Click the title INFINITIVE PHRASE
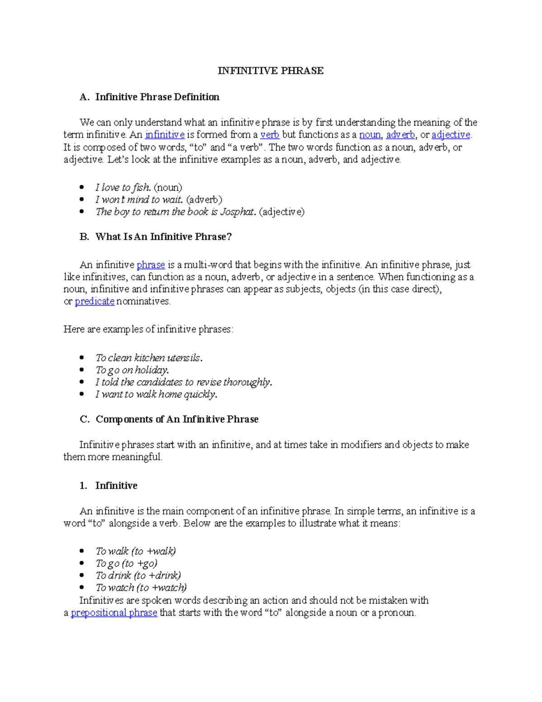[x=271, y=71]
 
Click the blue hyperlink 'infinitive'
[x=164, y=135]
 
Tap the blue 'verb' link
[x=270, y=135]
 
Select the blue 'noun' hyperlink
[x=369, y=135]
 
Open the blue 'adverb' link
[x=400, y=135]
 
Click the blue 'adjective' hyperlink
[x=451, y=135]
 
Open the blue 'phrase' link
[x=150, y=265]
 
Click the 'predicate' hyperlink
[x=94, y=302]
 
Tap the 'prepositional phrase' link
[x=114, y=613]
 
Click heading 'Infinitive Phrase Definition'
[x=157, y=97]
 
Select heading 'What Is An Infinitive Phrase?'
[x=163, y=237]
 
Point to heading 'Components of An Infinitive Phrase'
[x=177, y=419]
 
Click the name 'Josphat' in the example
[x=238, y=212]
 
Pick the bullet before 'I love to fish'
[x=82, y=187]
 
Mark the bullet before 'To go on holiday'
[x=82, y=370]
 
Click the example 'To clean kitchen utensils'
[x=149, y=358]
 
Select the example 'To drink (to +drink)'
[x=138, y=575]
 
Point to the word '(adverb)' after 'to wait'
[x=204, y=200]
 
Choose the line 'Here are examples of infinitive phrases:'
[x=148, y=330]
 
